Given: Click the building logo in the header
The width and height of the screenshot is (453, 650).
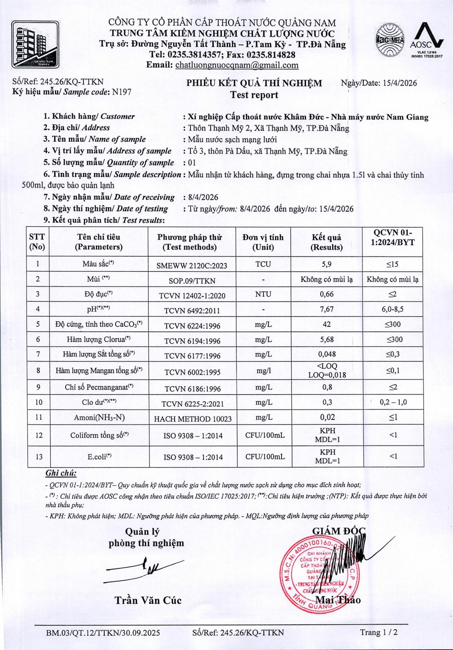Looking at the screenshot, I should [x=35, y=44].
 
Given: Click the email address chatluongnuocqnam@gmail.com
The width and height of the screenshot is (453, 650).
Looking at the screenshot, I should [x=236, y=65].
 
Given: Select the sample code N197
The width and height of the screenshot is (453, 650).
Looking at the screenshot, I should [x=121, y=92].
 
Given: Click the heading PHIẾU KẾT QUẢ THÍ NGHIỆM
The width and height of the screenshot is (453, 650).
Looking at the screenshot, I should [x=254, y=83].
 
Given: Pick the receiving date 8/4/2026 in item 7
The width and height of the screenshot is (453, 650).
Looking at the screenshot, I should [x=203, y=197].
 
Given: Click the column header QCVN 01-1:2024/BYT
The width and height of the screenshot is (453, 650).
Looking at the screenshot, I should [x=393, y=237].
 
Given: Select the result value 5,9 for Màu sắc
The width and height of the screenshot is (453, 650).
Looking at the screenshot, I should [x=327, y=264].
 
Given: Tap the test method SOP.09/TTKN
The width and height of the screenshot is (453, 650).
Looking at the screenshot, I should [x=192, y=281].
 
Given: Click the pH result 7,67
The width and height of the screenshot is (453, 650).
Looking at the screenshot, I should [x=327, y=309].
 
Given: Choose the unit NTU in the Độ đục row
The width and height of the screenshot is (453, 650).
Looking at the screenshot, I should [x=263, y=294].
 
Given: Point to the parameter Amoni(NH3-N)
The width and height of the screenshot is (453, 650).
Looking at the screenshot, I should [x=99, y=417].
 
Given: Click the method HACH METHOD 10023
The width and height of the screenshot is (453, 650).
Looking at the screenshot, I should [x=193, y=419].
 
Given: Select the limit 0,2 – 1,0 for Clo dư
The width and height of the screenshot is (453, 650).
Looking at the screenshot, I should [x=393, y=402].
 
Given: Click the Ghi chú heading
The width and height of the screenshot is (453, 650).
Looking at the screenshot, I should [x=61, y=473].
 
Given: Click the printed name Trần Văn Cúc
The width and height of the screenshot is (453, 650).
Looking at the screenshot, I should [x=148, y=600].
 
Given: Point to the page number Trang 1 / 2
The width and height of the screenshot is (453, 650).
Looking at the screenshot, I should [x=379, y=632].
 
